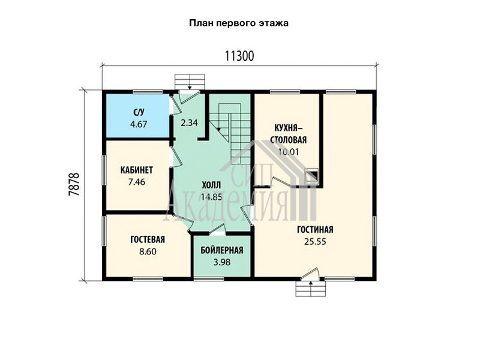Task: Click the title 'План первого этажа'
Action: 239,23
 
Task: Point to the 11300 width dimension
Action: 239,56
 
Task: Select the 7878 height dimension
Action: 74,185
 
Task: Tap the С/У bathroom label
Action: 139,113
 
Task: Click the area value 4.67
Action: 139,124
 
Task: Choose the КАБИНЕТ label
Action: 137,170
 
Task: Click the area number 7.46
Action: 137,182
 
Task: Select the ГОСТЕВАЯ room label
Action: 148,239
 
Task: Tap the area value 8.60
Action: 148,251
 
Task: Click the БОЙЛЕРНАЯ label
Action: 222,250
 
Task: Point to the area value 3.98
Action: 222,262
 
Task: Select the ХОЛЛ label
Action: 211,185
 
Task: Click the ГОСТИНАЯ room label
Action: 315,230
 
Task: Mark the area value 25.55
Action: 316,242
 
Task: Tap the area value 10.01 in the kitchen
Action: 289,152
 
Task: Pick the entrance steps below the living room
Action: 311,289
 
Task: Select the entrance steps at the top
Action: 190,82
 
